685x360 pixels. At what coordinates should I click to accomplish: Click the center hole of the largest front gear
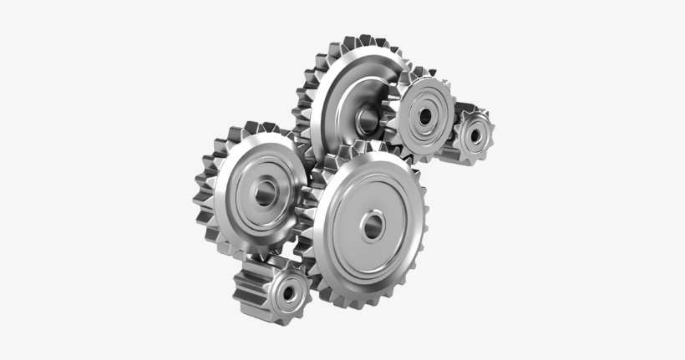[372, 223]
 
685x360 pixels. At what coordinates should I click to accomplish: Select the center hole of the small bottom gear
[289, 292]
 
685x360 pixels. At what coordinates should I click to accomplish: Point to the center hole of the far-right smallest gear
[476, 133]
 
